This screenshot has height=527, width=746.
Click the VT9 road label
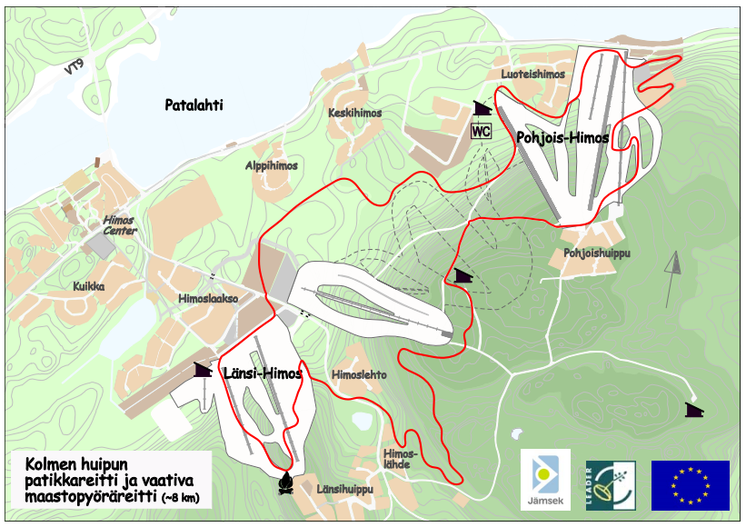[75, 69]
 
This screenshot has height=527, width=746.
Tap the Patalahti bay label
[194, 105]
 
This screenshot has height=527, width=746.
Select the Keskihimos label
[354, 114]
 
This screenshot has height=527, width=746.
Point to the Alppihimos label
[271, 166]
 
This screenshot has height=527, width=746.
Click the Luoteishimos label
[532, 75]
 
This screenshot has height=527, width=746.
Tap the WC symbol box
[481, 131]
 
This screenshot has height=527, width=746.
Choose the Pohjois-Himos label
[562, 138]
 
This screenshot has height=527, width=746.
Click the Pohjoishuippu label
[596, 253]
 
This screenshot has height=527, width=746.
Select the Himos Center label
[119, 225]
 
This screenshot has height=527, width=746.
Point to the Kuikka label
[89, 286]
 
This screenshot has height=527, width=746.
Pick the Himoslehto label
[359, 374]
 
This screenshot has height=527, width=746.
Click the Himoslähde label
[400, 459]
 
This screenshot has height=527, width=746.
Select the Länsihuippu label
[345, 489]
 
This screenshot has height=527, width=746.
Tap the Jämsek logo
[545, 479]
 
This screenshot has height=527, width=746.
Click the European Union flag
[690, 484]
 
